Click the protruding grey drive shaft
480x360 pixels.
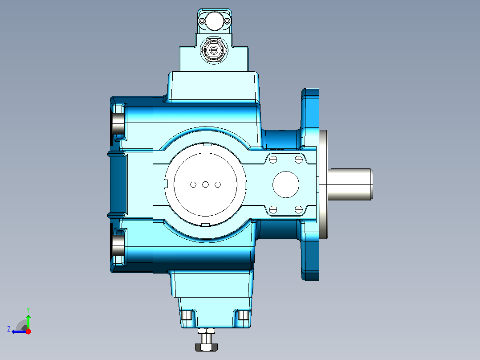(x=350, y=184)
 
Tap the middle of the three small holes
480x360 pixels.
(x=205, y=184)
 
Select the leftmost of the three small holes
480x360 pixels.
(x=193, y=184)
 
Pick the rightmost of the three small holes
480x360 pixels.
(x=218, y=184)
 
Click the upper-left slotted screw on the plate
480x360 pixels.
(x=273, y=160)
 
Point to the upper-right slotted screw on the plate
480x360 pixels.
(x=299, y=160)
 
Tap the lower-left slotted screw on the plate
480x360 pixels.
(x=273, y=209)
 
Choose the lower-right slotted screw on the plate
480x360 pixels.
(x=299, y=209)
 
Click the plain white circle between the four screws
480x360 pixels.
(x=286, y=184)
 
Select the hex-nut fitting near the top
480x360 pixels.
(x=214, y=49)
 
